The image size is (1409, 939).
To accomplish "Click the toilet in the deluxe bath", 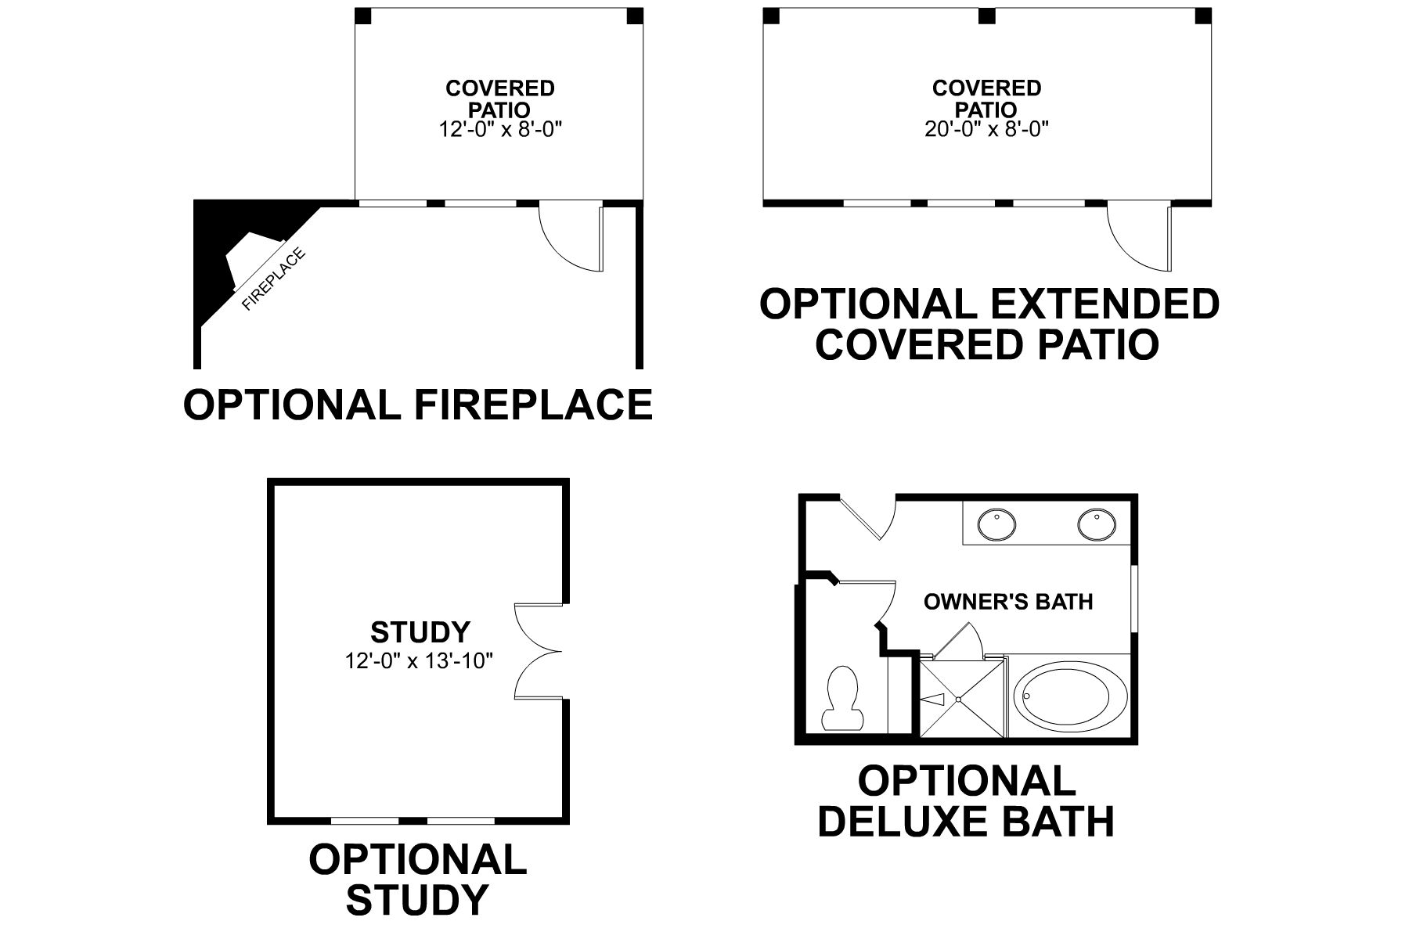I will tap(842, 699).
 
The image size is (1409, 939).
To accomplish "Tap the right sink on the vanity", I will tap(1096, 524).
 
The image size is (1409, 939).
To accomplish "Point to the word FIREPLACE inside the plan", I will tap(273, 279).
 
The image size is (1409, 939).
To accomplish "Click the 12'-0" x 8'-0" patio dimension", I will tap(500, 130).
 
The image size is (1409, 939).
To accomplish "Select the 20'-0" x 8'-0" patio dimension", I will tap(986, 130).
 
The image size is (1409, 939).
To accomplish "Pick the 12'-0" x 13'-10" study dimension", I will tap(419, 661).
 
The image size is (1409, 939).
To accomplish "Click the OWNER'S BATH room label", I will tap(1008, 602).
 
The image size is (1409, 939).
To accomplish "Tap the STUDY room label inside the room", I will tap(420, 631).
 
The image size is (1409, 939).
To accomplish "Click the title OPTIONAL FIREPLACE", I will tap(417, 405).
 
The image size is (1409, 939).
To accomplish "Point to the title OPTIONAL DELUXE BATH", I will tap(966, 801).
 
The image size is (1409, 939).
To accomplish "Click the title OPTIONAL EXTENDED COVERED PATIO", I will tap(989, 325).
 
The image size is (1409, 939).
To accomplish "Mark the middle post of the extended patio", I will tap(987, 16).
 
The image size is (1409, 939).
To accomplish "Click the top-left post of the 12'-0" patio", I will tap(363, 16).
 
